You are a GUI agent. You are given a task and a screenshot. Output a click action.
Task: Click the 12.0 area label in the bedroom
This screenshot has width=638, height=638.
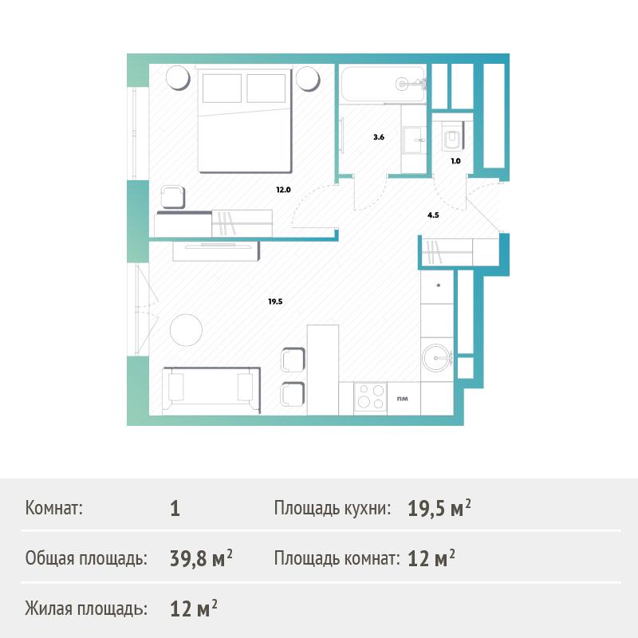(284, 190)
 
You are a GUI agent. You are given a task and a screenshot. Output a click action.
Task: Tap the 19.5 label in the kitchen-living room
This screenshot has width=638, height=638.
(275, 301)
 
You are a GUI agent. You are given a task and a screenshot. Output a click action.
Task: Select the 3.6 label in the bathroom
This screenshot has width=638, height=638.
(379, 137)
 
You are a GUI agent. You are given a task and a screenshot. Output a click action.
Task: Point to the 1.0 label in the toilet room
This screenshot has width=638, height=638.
(455, 161)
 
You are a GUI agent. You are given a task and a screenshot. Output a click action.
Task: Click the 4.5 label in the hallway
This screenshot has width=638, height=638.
(433, 215)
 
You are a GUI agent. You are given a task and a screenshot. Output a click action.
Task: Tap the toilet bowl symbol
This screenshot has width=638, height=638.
(453, 135)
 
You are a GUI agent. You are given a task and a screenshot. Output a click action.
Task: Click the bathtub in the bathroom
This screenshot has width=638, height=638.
(383, 85)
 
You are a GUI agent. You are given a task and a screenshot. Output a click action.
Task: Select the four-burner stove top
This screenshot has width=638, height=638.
(370, 396)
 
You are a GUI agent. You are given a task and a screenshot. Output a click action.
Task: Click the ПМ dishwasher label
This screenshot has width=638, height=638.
(403, 399)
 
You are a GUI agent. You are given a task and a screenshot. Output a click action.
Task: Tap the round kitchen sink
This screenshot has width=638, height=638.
(437, 358)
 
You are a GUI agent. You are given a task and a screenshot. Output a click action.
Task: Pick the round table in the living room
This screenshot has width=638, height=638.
(186, 330)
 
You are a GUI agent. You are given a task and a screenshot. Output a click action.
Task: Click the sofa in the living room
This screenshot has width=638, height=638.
(211, 390)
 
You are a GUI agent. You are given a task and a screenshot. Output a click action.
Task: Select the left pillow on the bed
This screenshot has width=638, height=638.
(222, 88)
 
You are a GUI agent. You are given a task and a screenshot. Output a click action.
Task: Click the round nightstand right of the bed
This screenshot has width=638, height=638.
(308, 77)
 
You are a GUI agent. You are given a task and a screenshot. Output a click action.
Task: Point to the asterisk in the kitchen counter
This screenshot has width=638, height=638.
(438, 286)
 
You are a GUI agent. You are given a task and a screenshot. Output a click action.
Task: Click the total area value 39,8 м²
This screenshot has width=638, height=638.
(201, 558)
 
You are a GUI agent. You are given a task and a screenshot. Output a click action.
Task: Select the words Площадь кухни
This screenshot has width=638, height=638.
(332, 508)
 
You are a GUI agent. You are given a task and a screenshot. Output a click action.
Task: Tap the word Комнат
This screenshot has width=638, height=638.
(53, 508)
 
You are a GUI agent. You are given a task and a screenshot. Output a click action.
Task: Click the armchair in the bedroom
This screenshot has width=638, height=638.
(173, 197)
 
